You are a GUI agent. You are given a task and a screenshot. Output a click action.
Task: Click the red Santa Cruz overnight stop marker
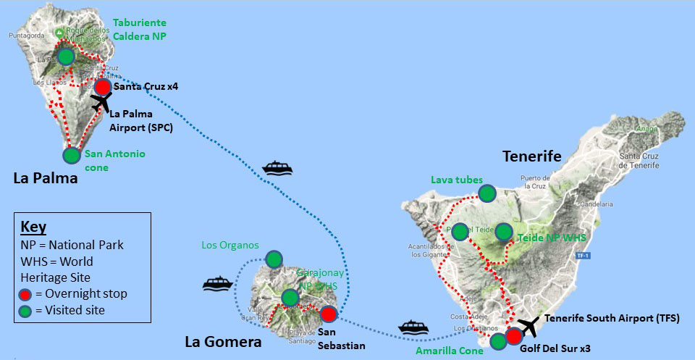pyautogui.click(x=102, y=87)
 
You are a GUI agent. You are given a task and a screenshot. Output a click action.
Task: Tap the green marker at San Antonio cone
pyautogui.click(x=71, y=155)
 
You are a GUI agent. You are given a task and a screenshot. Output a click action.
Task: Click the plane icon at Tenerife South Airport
pyautogui.click(x=531, y=326)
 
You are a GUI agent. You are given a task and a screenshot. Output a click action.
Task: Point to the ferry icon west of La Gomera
pyautogui.click(x=217, y=282)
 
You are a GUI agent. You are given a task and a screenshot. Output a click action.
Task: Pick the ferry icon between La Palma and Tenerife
pyautogui.click(x=277, y=168)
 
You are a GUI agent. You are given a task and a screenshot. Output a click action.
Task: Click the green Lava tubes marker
pyautogui.click(x=487, y=193)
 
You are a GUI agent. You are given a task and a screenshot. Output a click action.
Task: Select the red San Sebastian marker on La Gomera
pyautogui.click(x=328, y=314)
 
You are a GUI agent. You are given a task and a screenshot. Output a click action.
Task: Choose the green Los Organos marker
pyautogui.click(x=274, y=259)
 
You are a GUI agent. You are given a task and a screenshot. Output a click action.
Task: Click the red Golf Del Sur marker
pyautogui.click(x=514, y=337)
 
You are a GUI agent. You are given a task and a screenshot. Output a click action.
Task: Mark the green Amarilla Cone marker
pyautogui.click(x=498, y=341)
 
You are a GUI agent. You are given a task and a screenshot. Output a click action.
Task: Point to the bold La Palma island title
pyautogui.click(x=46, y=177)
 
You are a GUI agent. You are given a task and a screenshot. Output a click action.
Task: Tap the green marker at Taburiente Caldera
pyautogui.click(x=66, y=56)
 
